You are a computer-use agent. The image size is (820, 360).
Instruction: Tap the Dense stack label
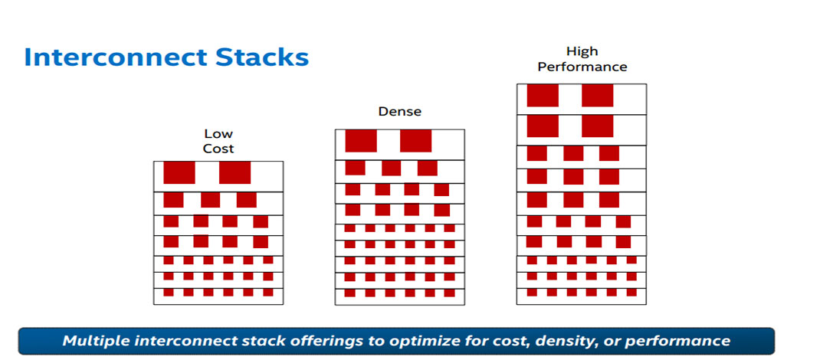(399, 112)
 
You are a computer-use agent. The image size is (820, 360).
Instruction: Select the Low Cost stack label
(218, 142)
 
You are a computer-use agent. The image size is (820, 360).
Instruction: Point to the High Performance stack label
(582, 59)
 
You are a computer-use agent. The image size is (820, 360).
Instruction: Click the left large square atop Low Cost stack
(179, 173)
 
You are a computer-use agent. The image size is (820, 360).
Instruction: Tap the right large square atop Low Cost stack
(235, 173)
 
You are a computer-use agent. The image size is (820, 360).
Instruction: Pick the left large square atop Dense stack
(361, 141)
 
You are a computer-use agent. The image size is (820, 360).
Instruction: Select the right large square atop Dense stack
(415, 141)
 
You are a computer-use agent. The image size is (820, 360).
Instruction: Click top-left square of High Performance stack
(543, 96)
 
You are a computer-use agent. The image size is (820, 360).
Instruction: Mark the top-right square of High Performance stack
(597, 96)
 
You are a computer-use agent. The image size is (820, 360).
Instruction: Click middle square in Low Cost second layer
(210, 200)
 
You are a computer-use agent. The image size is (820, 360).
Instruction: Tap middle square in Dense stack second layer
(391, 168)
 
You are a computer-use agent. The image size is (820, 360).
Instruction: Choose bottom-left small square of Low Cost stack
(169, 293)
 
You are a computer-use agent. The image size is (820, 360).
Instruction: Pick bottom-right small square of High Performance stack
(631, 293)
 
